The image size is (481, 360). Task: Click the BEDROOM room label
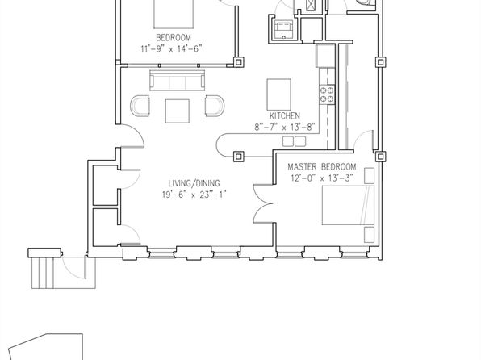[174, 38]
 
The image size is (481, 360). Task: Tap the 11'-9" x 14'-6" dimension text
[171, 48]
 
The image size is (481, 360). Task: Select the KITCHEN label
[285, 116]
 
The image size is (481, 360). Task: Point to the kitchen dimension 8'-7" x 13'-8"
[285, 127]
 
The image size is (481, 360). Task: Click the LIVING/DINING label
[194, 183]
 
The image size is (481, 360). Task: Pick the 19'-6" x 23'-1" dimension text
[194, 195]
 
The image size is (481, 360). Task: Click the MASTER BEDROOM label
[322, 167]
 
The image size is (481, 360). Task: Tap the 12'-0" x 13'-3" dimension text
[322, 178]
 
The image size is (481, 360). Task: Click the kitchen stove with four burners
[327, 94]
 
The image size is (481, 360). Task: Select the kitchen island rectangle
[279, 94]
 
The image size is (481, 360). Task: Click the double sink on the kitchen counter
[295, 141]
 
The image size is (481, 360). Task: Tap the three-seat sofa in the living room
[178, 80]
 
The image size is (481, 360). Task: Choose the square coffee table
[178, 111]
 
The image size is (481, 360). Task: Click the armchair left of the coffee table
[140, 106]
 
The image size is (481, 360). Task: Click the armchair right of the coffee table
[215, 106]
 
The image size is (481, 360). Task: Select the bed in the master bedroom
[348, 205]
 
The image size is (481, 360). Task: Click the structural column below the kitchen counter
[239, 157]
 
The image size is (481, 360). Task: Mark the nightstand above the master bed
[369, 175]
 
